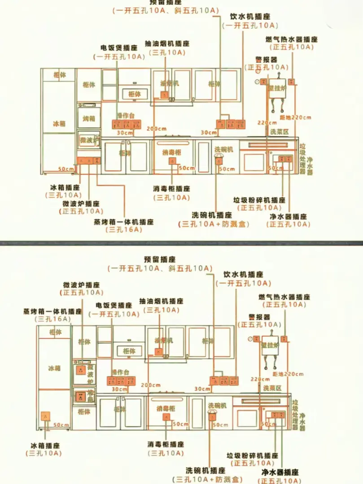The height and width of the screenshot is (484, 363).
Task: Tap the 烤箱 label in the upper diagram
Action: tap(89, 119)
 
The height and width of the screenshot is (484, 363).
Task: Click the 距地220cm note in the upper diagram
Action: tap(295, 117)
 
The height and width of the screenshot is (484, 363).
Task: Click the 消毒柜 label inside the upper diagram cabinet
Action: tap(172, 152)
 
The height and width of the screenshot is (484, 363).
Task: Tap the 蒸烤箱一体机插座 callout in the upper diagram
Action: tap(123, 222)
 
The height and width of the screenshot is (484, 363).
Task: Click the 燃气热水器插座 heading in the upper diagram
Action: tap(291, 39)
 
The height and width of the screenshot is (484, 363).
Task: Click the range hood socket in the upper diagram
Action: tap(164, 95)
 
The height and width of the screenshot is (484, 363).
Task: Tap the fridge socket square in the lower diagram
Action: tap(45, 416)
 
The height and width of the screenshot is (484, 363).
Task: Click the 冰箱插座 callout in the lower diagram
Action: tap(45, 445)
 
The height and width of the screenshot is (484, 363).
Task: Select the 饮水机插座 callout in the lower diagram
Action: tap(243, 274)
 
